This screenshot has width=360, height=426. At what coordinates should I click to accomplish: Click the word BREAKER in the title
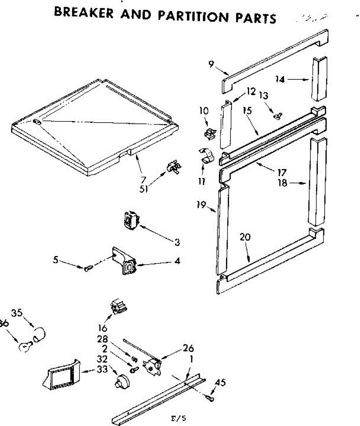tap(85, 13)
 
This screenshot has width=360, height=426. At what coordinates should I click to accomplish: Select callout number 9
tap(211, 64)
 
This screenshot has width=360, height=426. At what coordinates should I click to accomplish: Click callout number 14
tap(280, 80)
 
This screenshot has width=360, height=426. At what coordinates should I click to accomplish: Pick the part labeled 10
tap(211, 134)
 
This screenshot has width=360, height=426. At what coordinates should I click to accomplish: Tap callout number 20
tap(245, 237)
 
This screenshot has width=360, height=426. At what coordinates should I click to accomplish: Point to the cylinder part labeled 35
tap(40, 334)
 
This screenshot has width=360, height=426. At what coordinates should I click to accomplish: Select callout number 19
tap(202, 205)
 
